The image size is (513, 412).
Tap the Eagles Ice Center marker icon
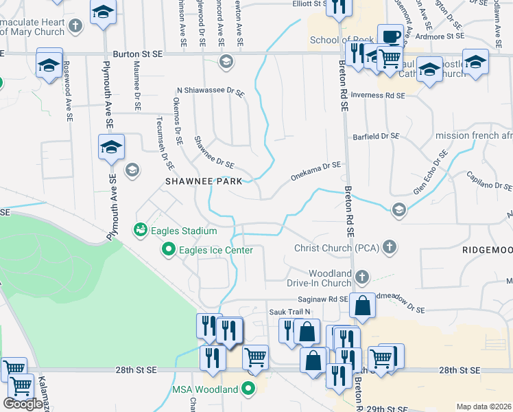(168, 251)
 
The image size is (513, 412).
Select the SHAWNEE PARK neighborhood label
(204, 181)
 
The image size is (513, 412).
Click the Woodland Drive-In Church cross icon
(362, 277)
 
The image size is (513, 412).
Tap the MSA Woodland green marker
(248, 389)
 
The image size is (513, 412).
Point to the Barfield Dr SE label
(376, 137)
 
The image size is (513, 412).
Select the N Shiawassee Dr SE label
(211, 90)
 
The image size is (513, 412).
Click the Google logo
(23, 403)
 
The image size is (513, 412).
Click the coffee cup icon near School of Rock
(390, 36)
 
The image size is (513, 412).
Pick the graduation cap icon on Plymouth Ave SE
(111, 147)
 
